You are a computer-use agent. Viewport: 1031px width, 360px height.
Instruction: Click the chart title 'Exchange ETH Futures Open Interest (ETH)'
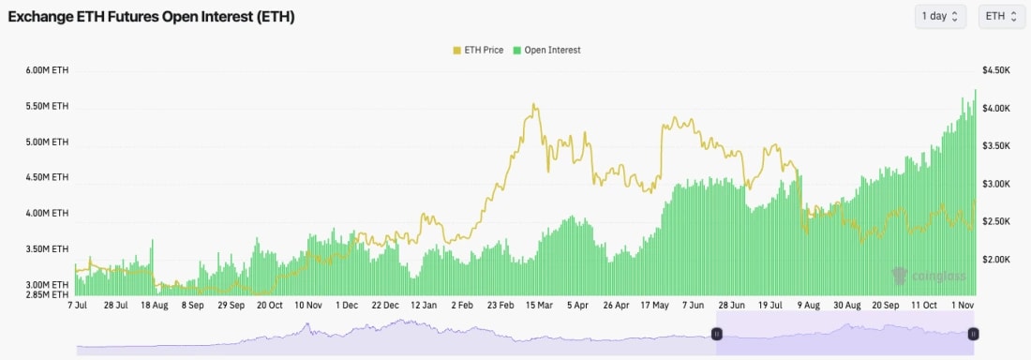151,17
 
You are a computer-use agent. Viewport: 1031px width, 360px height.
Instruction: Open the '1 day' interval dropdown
940,16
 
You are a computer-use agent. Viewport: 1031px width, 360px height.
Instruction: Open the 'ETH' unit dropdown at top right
1001,16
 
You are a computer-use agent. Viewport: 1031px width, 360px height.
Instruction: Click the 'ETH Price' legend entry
480,50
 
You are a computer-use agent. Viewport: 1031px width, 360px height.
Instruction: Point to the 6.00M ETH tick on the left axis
48,70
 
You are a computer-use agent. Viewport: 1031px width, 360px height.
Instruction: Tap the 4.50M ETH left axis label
48,177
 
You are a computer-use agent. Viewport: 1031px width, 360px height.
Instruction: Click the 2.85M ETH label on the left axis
48,294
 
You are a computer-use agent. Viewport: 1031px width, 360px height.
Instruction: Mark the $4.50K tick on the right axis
995,70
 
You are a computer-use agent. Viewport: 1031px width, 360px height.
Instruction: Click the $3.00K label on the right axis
995,184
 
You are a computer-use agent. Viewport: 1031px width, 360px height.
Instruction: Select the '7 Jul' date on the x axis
78,306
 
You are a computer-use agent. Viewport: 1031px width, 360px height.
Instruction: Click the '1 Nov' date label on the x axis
964,306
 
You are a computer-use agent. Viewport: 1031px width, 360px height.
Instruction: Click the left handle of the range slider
717,334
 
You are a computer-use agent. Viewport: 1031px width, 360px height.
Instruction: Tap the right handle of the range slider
974,334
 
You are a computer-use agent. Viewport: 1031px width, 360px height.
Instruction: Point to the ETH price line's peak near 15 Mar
534,105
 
